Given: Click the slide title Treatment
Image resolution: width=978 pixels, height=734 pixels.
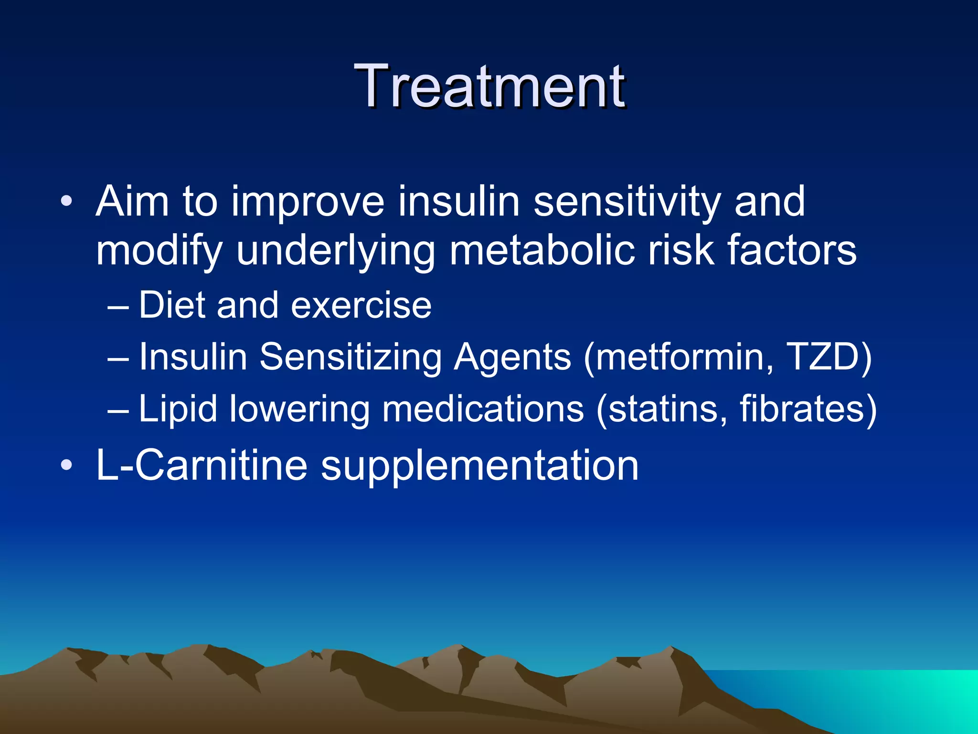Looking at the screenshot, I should point(489,87).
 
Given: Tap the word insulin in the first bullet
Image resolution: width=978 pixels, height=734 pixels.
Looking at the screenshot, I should point(458,202).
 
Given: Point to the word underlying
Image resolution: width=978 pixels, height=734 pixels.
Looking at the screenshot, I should point(336,252).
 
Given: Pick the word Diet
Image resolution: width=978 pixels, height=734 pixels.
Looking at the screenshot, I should point(173,305).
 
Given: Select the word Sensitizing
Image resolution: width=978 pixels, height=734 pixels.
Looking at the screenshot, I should point(351,358).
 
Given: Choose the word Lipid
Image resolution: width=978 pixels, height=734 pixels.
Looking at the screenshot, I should point(178,410).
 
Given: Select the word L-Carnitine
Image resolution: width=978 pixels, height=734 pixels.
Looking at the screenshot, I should point(202,465).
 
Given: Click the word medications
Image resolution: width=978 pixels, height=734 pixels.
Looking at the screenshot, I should point(483,409).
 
